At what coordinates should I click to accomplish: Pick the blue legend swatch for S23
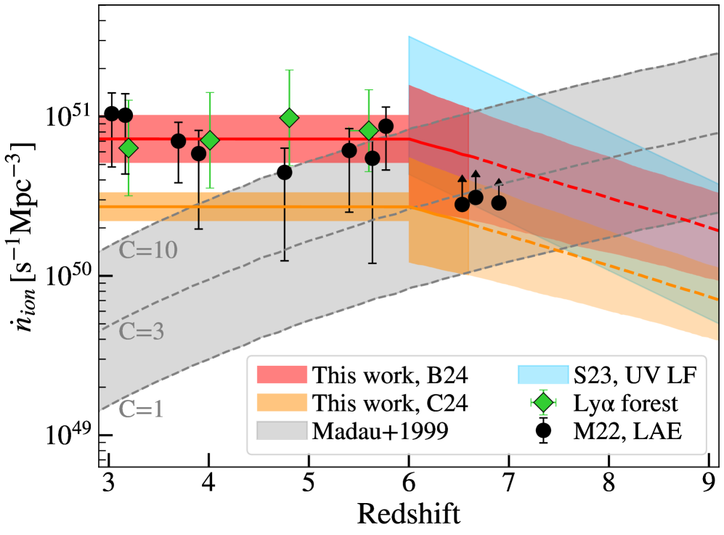541,375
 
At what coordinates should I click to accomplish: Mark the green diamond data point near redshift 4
210,141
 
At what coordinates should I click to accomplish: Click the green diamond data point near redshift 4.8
289,118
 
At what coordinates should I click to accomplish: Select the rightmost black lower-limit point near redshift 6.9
499,203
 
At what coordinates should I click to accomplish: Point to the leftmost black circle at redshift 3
111,113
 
